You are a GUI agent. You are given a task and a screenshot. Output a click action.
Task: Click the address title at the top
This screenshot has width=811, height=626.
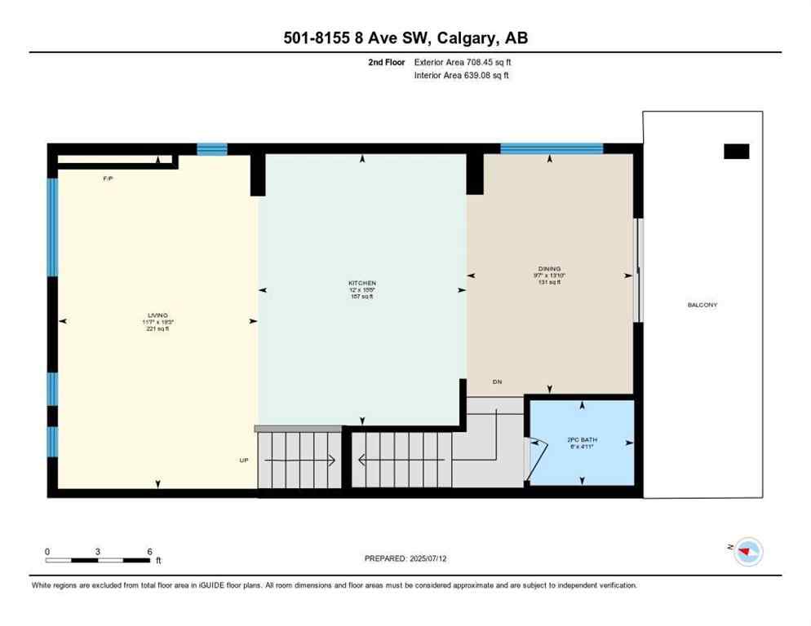(x=405, y=37)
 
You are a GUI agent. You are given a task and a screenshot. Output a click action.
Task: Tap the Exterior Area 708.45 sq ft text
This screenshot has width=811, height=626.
(x=463, y=62)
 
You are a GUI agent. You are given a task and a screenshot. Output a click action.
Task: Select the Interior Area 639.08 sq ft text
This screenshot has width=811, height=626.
(x=463, y=76)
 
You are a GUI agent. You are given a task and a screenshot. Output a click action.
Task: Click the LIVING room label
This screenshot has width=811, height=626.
(x=157, y=315)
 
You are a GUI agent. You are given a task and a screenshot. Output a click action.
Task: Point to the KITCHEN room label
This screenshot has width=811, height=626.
(x=361, y=284)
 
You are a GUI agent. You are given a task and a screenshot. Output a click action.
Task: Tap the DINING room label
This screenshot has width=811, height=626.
(x=549, y=269)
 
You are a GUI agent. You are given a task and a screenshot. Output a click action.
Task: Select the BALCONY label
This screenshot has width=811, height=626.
(x=702, y=305)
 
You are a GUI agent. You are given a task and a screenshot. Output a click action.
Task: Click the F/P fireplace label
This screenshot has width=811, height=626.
(x=108, y=178)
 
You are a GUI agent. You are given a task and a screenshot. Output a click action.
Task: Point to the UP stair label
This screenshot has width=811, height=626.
(x=243, y=461)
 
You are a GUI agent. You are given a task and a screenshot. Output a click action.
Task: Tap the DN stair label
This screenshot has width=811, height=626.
(x=497, y=381)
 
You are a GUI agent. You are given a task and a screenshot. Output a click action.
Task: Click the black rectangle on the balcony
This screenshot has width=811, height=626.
(x=736, y=151)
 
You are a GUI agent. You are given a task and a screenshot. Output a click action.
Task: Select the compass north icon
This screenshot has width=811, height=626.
(x=747, y=552)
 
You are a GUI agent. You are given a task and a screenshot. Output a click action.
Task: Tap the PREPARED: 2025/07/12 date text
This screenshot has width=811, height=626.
(x=405, y=558)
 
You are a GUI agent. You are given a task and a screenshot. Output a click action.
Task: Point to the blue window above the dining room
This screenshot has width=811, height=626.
(x=551, y=148)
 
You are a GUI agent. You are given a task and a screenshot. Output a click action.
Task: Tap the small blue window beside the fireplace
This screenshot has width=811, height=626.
(x=212, y=148)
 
